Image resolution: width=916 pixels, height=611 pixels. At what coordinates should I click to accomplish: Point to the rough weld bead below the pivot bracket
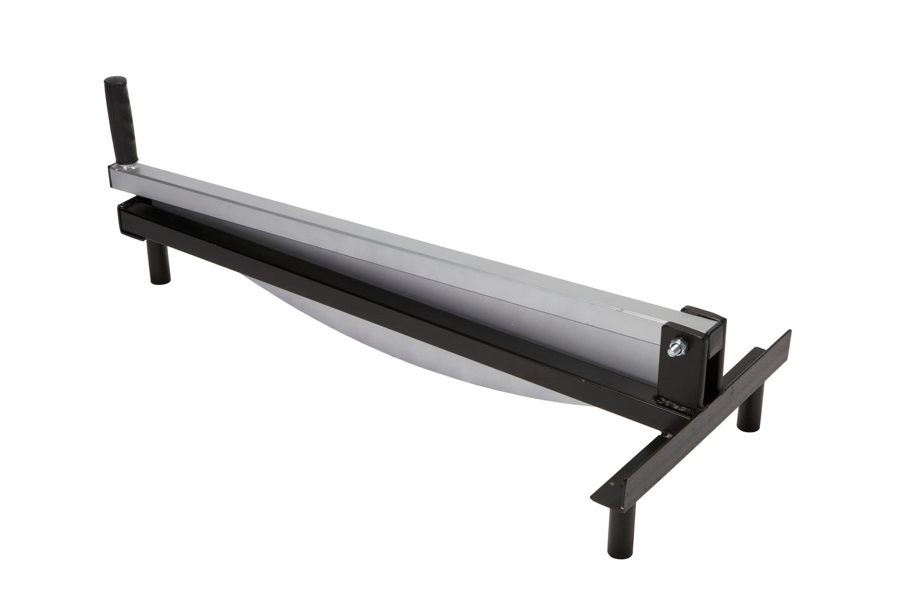point(678,402)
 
